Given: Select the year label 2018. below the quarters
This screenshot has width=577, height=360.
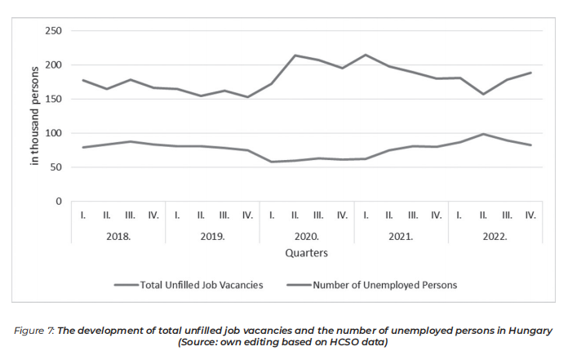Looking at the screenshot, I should (x=118, y=237).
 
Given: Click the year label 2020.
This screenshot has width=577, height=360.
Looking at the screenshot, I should (x=307, y=237).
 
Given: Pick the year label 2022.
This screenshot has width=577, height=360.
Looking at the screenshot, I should (x=495, y=237).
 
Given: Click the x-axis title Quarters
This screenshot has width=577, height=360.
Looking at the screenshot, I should (x=307, y=253).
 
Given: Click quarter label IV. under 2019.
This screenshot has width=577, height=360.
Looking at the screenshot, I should (x=248, y=216).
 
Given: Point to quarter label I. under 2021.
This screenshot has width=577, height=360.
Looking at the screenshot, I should (x=366, y=216).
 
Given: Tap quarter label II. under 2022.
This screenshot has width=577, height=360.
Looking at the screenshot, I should (x=483, y=216).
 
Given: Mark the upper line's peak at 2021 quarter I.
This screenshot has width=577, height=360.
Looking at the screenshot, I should (x=366, y=55).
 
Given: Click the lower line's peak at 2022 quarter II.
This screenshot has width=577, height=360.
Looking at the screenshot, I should (x=483, y=134).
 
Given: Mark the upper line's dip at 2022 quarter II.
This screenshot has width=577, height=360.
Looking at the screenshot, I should (x=483, y=94).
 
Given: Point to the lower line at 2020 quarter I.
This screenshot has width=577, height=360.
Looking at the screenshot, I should (x=272, y=162).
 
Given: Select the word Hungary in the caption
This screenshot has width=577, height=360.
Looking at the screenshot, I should (x=532, y=331).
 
